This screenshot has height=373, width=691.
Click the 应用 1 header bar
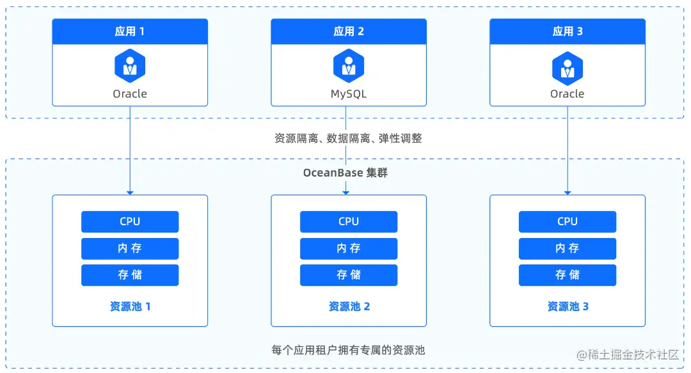click(130, 31)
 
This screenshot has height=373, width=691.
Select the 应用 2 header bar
click(349, 31)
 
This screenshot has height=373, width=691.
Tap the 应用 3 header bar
click(568, 31)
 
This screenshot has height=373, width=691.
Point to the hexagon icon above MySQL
click(349, 65)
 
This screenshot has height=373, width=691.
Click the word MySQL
click(349, 94)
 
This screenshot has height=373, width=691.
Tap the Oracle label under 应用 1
click(130, 94)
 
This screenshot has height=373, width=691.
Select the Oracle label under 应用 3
click(568, 94)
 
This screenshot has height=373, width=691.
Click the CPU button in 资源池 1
click(130, 221)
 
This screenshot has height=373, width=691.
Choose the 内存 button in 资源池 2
click(349, 248)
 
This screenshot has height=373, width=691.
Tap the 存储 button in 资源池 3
click(568, 275)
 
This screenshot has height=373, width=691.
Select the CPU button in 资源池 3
click(568, 221)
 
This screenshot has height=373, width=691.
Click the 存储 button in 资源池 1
click(130, 275)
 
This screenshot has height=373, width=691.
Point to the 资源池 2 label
click(349, 306)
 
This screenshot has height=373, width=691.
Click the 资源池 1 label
click(131, 306)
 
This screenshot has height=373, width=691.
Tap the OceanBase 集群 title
click(345, 173)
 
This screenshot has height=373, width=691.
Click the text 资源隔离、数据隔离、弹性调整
click(348, 138)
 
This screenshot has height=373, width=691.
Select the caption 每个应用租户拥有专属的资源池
click(348, 350)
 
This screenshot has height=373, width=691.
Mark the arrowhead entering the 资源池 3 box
click(568, 191)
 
